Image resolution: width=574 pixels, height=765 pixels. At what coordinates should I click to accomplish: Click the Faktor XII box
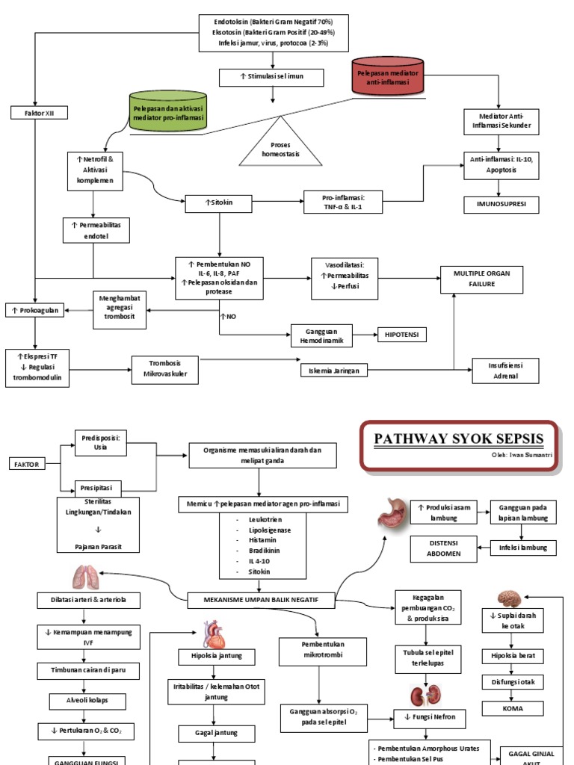click(35, 113)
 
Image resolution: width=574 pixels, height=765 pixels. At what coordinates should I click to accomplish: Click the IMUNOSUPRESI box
click(499, 203)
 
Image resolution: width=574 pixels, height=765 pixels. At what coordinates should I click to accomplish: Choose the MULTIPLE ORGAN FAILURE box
click(481, 279)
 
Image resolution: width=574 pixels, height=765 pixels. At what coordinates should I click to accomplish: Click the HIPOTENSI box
click(403, 335)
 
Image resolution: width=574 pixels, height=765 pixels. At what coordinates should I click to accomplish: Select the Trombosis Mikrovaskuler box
click(165, 369)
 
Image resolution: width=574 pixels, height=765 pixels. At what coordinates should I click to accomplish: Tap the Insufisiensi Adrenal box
click(504, 370)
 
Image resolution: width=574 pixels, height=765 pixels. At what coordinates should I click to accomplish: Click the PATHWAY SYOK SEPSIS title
click(459, 438)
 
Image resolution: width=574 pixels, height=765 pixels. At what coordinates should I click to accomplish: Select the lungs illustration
click(84, 577)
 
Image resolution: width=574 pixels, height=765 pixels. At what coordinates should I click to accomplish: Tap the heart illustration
click(214, 634)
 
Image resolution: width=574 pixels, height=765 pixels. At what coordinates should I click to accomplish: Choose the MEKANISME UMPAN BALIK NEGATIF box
click(262, 599)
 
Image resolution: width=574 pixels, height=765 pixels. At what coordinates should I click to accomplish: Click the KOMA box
click(513, 707)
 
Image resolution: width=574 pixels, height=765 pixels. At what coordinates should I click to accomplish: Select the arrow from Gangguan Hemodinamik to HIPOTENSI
click(364, 335)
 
